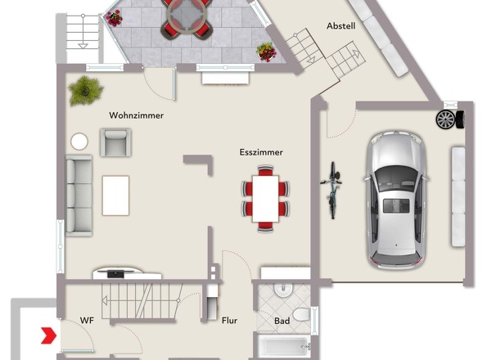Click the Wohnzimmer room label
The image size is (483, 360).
pyautogui.click(x=136, y=115)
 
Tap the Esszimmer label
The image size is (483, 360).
pyautogui.click(x=261, y=152)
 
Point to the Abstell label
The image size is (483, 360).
pyautogui.click(x=341, y=26)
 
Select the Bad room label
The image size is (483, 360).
pyautogui.click(x=282, y=321)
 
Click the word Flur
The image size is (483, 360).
pyautogui.click(x=229, y=321)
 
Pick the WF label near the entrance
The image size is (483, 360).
pyautogui.click(x=87, y=320)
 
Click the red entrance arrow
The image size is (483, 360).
pyautogui.click(x=48, y=335)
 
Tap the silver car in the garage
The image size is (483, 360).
pyautogui.click(x=396, y=200)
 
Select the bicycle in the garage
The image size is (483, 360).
pyautogui.click(x=332, y=191)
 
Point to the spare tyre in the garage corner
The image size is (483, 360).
pyautogui.click(x=450, y=119)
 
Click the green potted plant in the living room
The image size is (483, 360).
pyautogui.click(x=85, y=91)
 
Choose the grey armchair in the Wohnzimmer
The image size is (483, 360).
pyautogui.click(x=115, y=142)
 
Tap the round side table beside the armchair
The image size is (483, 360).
pyautogui.click(x=79, y=142)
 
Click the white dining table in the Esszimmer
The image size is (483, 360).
pyautogui.click(x=265, y=199)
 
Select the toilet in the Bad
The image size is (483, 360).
pyautogui.click(x=301, y=314)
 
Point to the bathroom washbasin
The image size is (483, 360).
pyautogui.click(x=283, y=290)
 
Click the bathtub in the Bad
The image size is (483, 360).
pyautogui.click(x=283, y=347)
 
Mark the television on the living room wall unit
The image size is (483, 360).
pyautogui.click(x=115, y=273)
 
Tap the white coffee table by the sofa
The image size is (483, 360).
pyautogui.click(x=115, y=196)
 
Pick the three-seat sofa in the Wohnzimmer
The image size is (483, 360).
pyautogui.click(x=79, y=196)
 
